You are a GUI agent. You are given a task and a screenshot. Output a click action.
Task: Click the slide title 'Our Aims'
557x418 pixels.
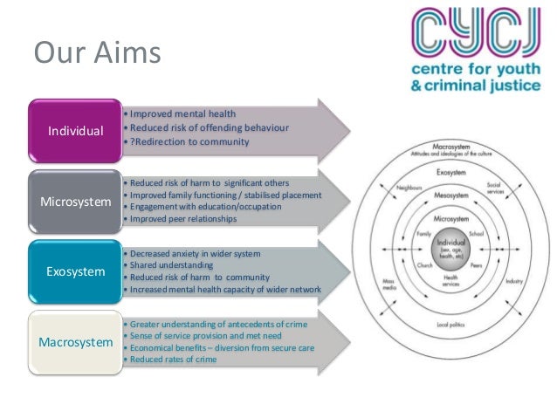click(97, 54)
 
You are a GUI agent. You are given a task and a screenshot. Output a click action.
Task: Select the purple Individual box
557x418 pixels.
click(75, 131)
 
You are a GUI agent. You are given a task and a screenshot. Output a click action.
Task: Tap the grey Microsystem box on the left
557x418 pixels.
click(75, 202)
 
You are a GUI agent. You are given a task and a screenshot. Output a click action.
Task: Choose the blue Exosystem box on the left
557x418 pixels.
click(75, 271)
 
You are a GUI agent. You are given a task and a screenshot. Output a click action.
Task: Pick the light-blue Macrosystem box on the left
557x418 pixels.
click(75, 341)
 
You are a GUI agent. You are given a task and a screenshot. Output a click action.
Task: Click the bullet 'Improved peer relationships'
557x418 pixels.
click(183, 219)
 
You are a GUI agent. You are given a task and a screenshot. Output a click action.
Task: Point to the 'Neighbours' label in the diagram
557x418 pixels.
click(407, 188)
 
